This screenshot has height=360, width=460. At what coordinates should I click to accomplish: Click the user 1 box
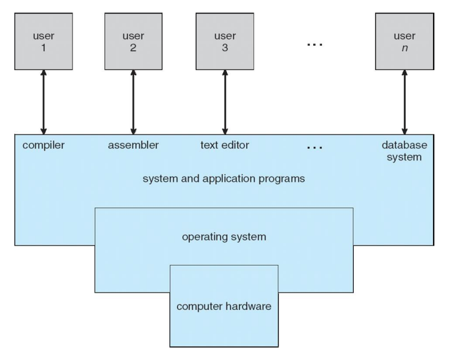[x=43, y=41]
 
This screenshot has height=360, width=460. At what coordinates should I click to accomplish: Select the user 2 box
[x=134, y=41]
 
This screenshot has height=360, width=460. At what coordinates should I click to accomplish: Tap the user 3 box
[x=225, y=41]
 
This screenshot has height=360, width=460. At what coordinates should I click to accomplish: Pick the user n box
[x=404, y=41]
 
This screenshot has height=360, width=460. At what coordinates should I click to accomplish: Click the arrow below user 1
[x=43, y=102]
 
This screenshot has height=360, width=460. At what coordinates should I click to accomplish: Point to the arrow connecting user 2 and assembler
[x=133, y=102]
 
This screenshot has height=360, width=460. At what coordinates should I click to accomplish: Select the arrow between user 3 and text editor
[x=225, y=102]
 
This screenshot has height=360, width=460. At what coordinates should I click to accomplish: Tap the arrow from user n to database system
[x=404, y=102]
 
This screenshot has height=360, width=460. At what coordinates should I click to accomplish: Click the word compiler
[x=43, y=145]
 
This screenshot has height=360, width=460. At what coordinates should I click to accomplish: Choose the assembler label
[x=133, y=145]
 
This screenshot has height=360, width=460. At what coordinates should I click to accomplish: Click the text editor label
[x=225, y=145]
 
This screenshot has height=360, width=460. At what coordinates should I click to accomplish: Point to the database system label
[x=404, y=151]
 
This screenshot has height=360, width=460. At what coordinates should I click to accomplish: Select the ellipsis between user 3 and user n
[x=315, y=44]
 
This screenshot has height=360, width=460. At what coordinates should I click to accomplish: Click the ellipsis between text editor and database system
[x=315, y=147]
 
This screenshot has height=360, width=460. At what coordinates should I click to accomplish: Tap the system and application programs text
[x=224, y=179]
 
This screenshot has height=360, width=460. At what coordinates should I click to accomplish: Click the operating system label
[x=224, y=237]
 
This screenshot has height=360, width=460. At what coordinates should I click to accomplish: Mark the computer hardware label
[x=224, y=307]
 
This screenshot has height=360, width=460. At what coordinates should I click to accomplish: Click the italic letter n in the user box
[x=405, y=48]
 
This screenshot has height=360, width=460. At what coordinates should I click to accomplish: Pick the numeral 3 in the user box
[x=225, y=47]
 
